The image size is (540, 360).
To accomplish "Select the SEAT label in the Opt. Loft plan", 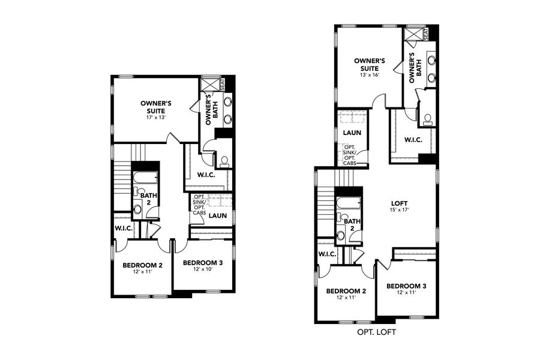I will [425, 34].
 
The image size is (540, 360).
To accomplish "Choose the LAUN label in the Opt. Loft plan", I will [352, 133].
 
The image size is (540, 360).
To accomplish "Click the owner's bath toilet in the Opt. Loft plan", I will [428, 119].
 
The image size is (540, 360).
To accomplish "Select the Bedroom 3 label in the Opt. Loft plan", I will [406, 286].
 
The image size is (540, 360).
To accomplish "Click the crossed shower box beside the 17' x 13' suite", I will [209, 83].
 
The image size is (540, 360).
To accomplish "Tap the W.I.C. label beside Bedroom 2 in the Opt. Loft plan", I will [328, 254].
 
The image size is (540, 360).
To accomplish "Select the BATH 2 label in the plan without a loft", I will [146, 199].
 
